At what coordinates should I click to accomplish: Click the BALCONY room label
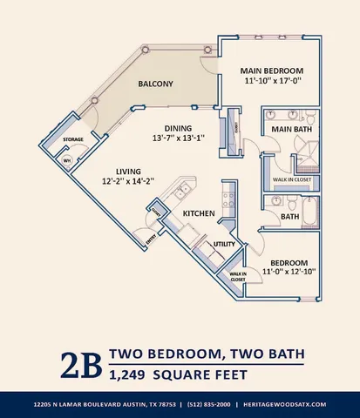[x=156, y=84]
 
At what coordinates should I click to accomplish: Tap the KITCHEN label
[x=199, y=212]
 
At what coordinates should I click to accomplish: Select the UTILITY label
[x=225, y=245]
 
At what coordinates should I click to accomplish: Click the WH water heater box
[x=65, y=160]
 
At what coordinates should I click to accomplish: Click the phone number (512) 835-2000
[x=206, y=405]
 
